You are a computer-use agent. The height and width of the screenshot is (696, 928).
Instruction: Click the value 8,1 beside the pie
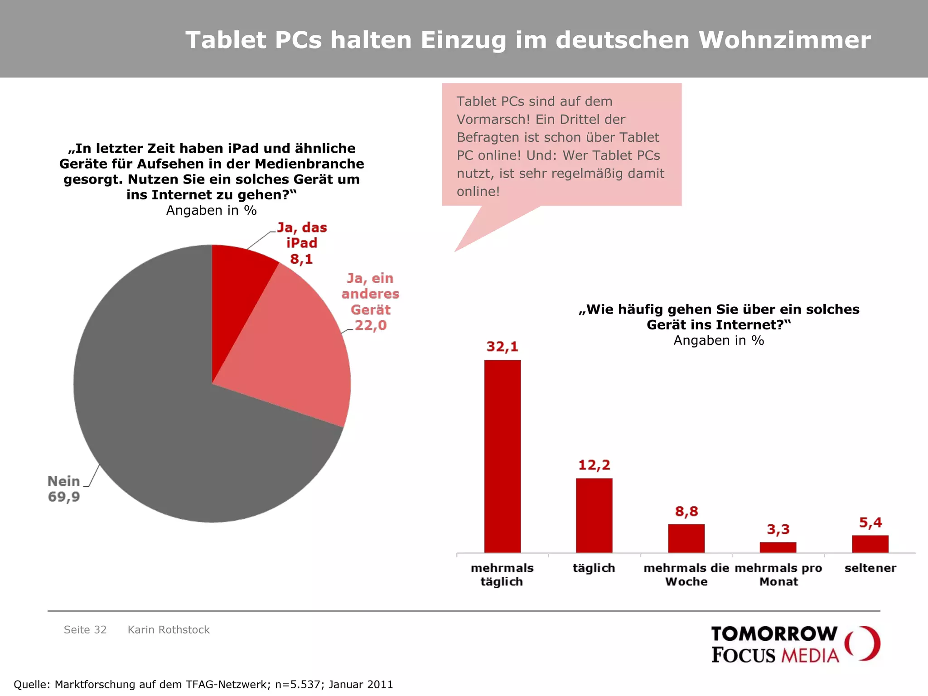pos(301,259)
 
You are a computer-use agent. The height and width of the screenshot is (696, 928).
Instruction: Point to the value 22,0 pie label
pos(371,325)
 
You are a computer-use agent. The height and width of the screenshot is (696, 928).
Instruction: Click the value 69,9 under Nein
pos(64,497)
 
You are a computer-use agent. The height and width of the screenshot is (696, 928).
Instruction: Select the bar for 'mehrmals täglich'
pos(502,455)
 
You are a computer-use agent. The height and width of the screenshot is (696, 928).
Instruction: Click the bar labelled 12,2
pos(594,515)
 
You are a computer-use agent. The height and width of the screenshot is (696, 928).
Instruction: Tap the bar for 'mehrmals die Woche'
pos(686,538)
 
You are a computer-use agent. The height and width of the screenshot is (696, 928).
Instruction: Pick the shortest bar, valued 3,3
pos(778,547)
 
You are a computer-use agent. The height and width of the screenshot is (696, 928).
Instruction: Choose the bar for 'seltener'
pos(870,544)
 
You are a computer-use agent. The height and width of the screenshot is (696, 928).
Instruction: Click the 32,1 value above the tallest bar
pos(502,347)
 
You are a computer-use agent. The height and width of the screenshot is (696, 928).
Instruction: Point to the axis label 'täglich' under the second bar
pos(594,568)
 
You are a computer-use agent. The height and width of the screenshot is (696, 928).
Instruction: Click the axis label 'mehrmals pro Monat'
pos(778,575)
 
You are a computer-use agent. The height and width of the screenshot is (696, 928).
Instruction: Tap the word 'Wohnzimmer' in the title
pos(784,40)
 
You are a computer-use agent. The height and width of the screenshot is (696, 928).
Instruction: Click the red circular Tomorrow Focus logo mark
pos(863,643)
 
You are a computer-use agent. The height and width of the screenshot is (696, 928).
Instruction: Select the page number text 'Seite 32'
pos(85,630)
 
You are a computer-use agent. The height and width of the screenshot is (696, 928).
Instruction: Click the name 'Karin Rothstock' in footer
pos(169,630)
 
